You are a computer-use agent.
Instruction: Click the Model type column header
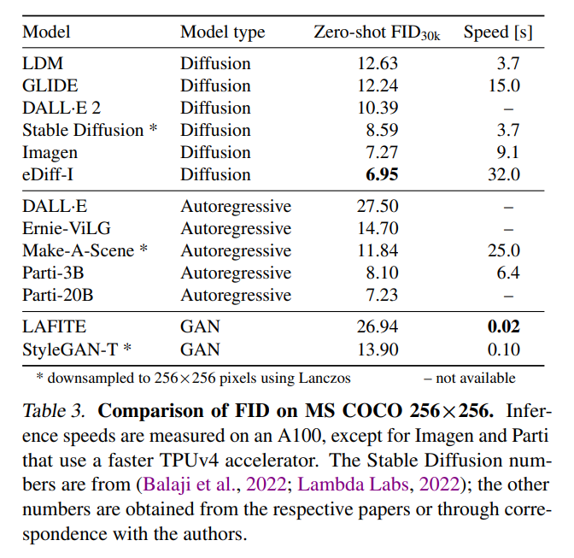coord(222,32)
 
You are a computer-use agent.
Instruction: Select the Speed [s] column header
coord(498,32)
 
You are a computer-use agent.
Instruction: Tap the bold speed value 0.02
coord(503,326)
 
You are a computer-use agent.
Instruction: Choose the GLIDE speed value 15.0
coord(503,85)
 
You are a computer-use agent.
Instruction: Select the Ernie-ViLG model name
coord(67,229)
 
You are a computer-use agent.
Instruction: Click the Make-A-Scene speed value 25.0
coord(503,251)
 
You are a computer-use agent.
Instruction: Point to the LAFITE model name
coord(55,326)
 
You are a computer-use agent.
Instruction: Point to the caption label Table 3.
coord(53,410)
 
